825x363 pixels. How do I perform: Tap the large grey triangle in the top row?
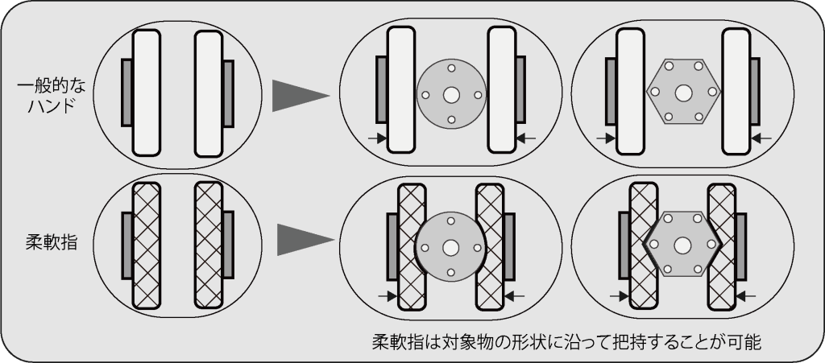point(298,96)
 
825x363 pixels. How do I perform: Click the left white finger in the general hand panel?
point(147,93)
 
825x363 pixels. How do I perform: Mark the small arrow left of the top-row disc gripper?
point(376,139)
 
